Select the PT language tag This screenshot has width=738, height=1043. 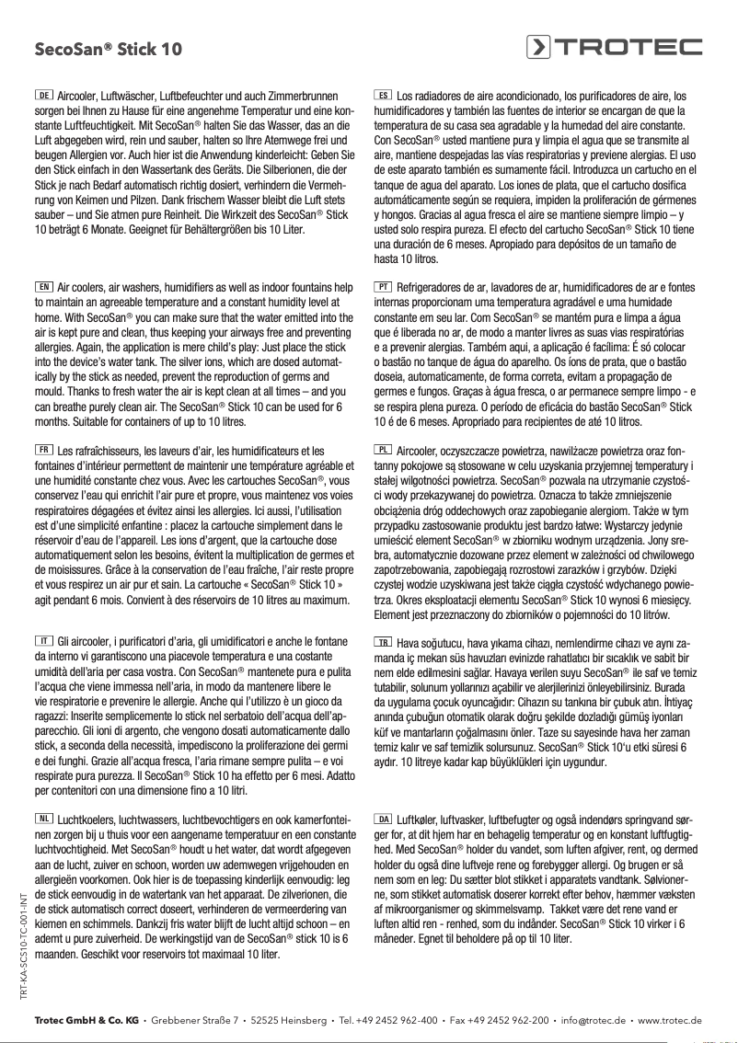click(384, 286)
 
